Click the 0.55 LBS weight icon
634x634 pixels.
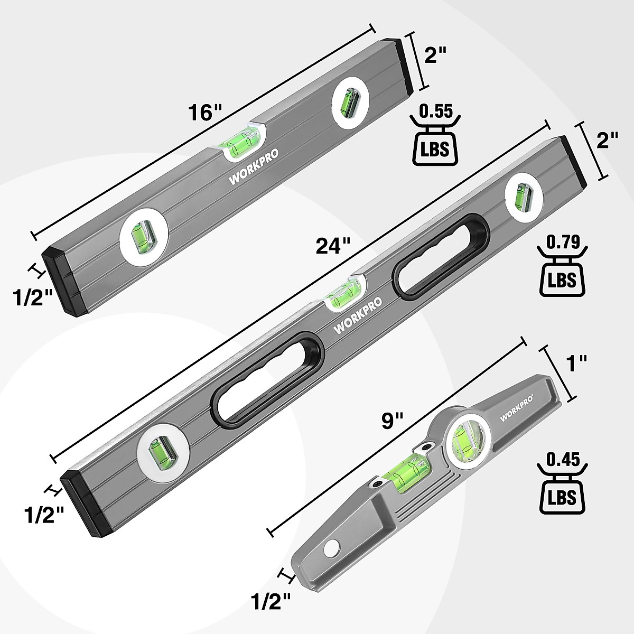click(435, 135)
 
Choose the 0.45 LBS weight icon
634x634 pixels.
click(561, 483)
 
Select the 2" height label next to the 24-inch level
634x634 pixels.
click(607, 141)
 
